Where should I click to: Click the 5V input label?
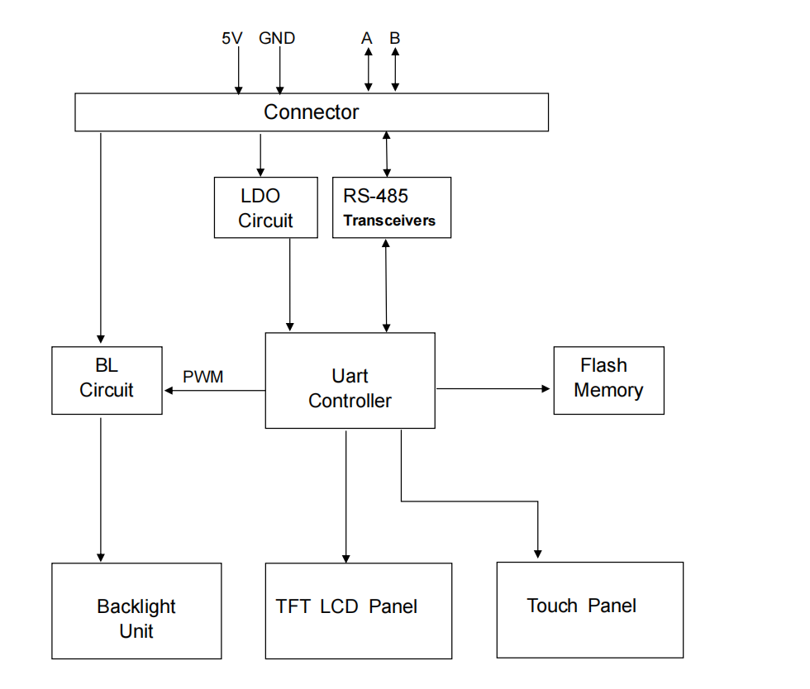tap(232, 38)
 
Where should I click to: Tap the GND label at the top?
tap(277, 38)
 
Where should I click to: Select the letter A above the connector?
tap(367, 38)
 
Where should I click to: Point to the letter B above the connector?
tap(395, 38)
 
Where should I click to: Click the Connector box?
tap(312, 112)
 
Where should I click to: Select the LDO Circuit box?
tap(265, 208)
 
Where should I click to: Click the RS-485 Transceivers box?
tap(392, 208)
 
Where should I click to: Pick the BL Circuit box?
tap(107, 380)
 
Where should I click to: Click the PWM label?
tap(203, 378)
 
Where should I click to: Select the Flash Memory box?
tap(608, 380)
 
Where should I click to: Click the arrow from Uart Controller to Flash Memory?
tap(493, 388)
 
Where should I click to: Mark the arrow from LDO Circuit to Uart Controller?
tap(289, 285)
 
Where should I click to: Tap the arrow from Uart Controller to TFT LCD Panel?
tap(345, 496)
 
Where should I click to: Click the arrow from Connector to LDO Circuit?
tap(260, 154)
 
